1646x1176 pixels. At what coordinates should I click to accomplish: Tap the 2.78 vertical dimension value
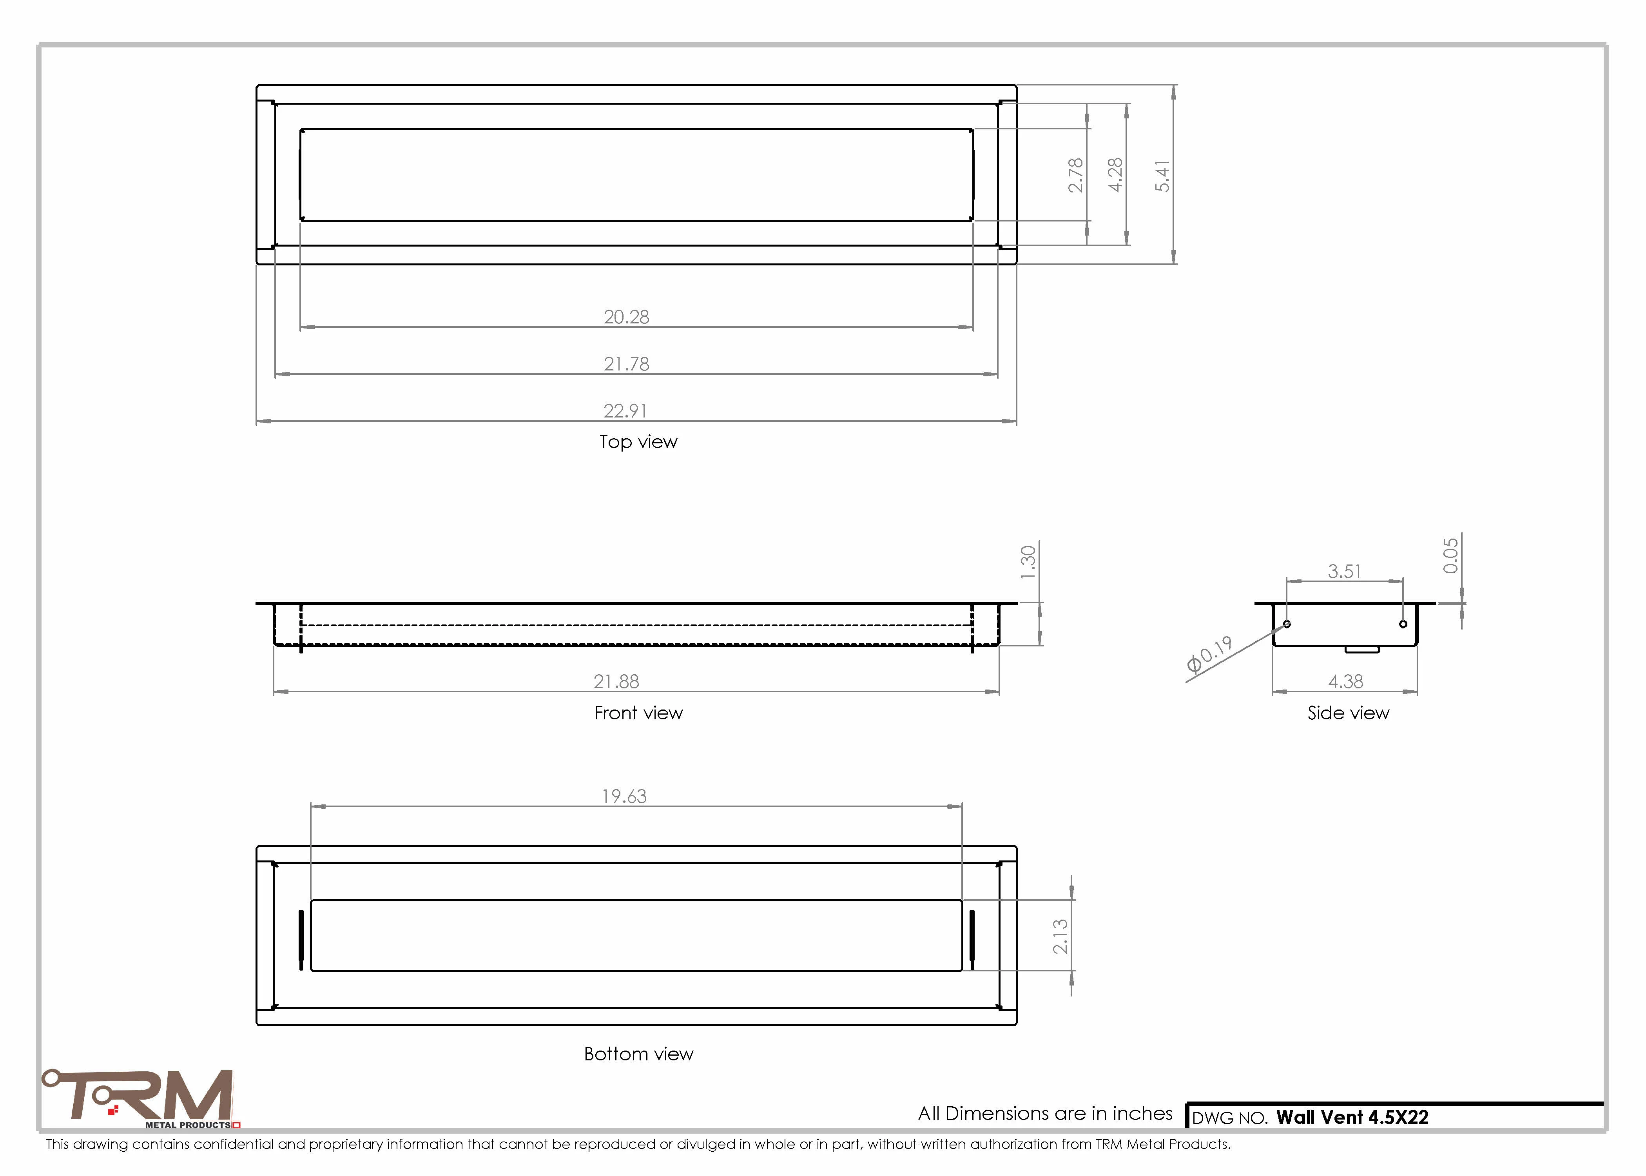click(x=1076, y=175)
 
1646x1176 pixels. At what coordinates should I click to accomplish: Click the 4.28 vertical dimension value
click(x=1115, y=175)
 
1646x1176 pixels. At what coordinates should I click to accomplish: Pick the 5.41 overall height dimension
click(x=1162, y=176)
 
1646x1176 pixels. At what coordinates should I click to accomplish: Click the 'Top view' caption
click(x=638, y=442)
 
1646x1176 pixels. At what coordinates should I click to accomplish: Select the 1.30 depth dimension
click(x=1028, y=563)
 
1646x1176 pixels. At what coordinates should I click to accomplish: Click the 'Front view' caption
click(x=638, y=713)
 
